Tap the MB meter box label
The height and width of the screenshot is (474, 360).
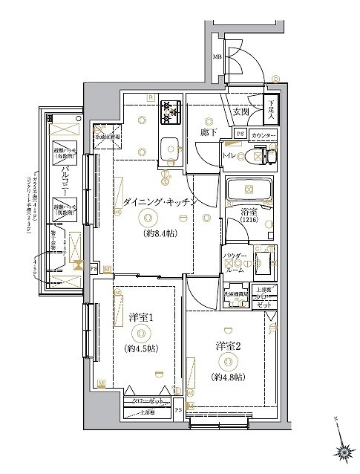pyautogui.click(x=217, y=57)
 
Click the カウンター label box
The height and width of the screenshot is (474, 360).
pyautogui.click(x=263, y=134)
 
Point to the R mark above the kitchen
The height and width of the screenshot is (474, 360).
pyautogui.click(x=150, y=97)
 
